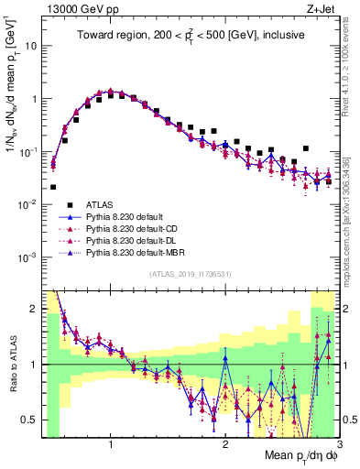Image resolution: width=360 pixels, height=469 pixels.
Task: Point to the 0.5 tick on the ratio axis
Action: [32, 420]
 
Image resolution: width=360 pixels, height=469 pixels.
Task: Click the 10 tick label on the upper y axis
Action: [30, 45]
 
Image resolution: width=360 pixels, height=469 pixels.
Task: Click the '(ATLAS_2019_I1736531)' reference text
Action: [189, 274]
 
